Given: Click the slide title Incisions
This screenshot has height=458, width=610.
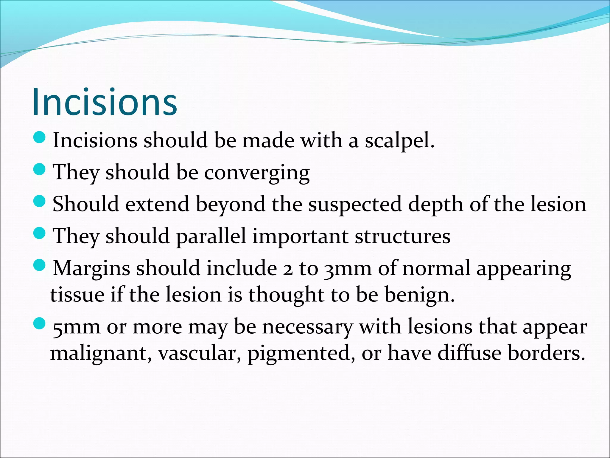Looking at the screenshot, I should click(105, 102).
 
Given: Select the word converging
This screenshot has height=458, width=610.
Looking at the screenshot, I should click(257, 173).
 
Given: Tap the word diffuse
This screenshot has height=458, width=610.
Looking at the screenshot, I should click(469, 353).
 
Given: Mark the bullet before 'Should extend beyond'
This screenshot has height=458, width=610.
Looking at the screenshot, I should click(39, 202).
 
